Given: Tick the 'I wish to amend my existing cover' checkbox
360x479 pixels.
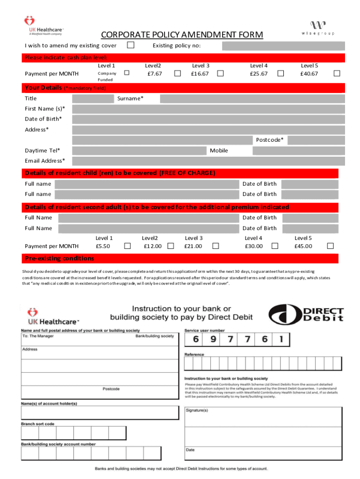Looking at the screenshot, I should tap(131, 45).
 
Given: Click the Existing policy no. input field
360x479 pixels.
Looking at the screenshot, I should tap(283, 46).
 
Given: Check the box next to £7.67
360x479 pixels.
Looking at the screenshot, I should tap(178, 73).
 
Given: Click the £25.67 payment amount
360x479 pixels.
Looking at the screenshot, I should tap(259, 74).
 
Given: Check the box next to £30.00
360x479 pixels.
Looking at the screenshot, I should tap(275, 246).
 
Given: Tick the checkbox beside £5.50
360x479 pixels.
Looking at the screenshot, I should tap(127, 246).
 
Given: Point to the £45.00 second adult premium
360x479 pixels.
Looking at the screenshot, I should tap(303, 246).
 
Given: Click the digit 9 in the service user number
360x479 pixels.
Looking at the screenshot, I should tap(213, 339).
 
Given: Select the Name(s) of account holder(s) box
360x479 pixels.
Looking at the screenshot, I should tap(99, 413).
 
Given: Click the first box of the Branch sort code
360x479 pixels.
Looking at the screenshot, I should tap(30, 434).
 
